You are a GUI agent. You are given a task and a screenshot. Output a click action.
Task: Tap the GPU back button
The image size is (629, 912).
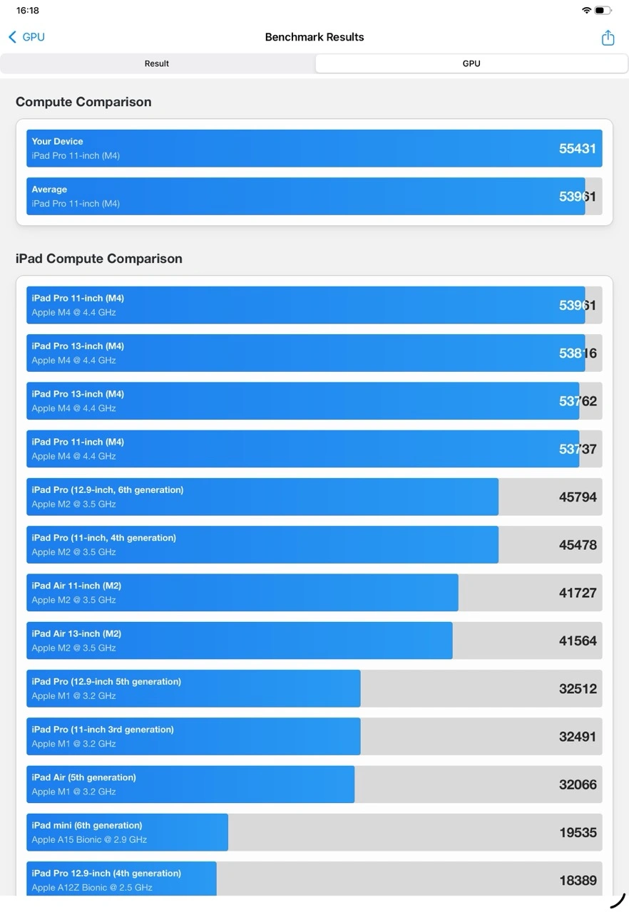(x=26, y=37)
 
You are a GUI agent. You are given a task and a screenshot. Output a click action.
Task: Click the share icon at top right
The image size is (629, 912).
(x=608, y=38)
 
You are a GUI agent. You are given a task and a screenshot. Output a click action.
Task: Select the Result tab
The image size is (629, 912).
(x=157, y=63)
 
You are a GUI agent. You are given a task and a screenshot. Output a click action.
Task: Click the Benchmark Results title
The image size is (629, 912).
(x=314, y=37)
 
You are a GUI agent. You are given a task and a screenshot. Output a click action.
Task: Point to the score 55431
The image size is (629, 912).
(x=578, y=148)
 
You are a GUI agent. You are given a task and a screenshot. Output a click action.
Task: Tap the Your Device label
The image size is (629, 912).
(x=57, y=141)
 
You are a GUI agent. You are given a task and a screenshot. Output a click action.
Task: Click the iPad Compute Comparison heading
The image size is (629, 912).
(x=99, y=259)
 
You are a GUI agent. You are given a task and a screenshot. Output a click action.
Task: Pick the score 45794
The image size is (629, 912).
(x=578, y=497)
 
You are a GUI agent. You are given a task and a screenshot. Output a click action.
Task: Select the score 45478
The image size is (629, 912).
(x=578, y=545)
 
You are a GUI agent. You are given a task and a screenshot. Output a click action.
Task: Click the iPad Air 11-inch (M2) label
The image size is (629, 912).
(x=76, y=586)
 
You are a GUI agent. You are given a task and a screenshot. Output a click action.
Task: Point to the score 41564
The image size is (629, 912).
(x=578, y=641)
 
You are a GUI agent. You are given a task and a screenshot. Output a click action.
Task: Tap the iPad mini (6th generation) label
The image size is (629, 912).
(x=86, y=825)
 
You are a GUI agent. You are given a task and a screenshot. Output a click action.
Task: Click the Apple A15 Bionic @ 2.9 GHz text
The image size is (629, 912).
(x=89, y=839)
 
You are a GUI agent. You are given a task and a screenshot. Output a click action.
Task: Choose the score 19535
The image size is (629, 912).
(x=578, y=832)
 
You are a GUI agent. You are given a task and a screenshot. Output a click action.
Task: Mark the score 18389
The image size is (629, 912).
(x=578, y=881)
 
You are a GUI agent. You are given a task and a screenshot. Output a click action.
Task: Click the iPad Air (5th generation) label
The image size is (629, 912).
(x=83, y=777)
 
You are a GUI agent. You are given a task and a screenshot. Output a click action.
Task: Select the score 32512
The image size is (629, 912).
(x=578, y=689)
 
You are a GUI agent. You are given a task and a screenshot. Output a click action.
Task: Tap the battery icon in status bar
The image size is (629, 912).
(x=603, y=11)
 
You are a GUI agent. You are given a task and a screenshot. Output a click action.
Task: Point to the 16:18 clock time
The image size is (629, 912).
(x=28, y=11)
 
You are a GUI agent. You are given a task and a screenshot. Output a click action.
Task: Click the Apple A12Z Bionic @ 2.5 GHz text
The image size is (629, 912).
(x=92, y=888)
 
